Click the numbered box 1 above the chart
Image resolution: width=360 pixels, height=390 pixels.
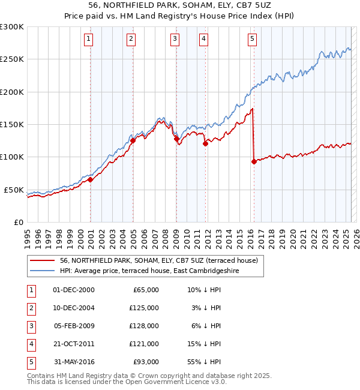[x=89, y=39]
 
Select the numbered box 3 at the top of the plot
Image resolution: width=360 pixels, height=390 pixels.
[x=175, y=39]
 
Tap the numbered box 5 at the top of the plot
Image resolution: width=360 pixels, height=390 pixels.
[x=252, y=39]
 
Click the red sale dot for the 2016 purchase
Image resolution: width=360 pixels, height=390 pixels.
[x=254, y=161]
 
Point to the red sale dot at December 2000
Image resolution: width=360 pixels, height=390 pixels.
[x=90, y=179]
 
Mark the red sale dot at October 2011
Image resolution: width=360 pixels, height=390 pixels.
[x=205, y=143]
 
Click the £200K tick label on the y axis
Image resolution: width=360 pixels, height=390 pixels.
[x=12, y=92]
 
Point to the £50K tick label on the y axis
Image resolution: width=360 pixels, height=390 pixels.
[x=14, y=190]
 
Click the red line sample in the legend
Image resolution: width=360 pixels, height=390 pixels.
[x=42, y=260]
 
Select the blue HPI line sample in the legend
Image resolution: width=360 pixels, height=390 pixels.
[x=42, y=271]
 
